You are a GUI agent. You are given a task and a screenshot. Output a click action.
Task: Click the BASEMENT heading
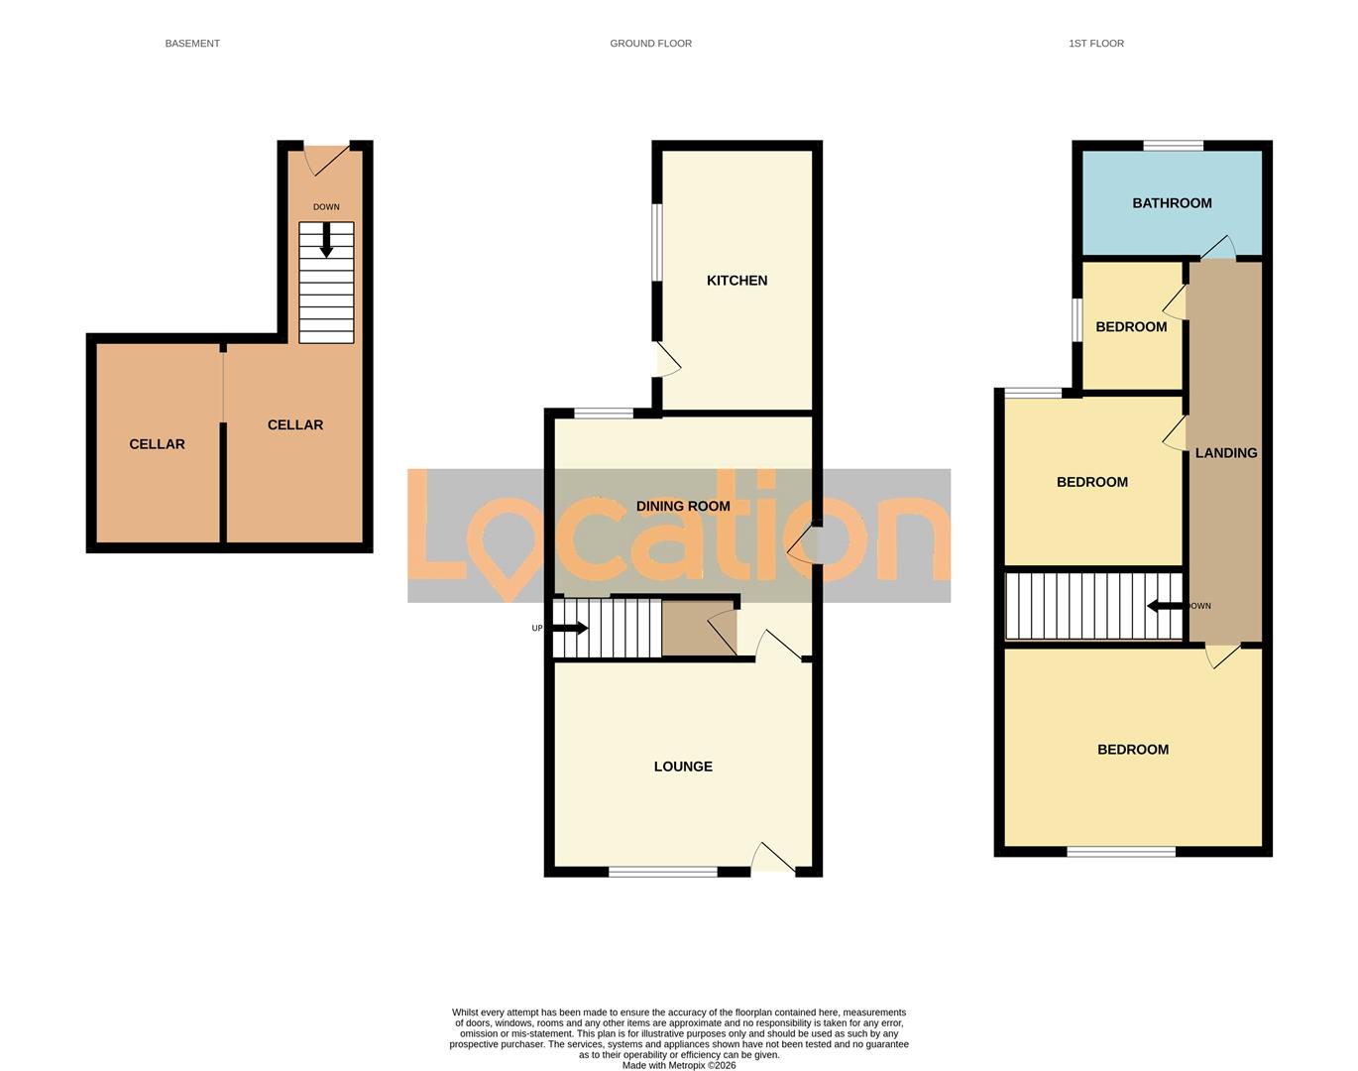pos(192,44)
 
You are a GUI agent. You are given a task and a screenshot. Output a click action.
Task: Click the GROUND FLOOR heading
pos(650,44)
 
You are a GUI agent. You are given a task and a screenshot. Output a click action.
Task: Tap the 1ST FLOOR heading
pos(1095,44)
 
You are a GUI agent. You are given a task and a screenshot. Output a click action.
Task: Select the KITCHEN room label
pos(736,281)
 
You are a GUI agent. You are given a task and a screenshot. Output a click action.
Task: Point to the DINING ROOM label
pos(683,506)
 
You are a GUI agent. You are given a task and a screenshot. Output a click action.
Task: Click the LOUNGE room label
pos(683,767)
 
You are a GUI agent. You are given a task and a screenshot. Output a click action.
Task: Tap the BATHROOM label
pos(1172,203)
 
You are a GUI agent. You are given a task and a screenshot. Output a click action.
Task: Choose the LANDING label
pos(1226,453)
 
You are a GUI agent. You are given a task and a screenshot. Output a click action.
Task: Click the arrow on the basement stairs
pos(326,240)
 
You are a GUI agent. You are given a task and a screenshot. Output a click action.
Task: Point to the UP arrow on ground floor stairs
pos(570,628)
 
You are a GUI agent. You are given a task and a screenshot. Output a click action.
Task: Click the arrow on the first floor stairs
pos(1164,606)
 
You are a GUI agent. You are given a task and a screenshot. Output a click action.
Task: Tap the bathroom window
pos(1174,146)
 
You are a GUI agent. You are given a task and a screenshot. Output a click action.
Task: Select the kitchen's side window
pos(656,242)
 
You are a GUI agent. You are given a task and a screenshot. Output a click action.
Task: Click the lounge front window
pos(662,872)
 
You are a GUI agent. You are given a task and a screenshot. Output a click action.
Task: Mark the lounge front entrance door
pos(774,860)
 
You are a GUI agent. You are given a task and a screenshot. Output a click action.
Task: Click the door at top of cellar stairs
pos(326,157)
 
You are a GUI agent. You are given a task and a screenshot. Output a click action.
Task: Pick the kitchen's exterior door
pos(665,359)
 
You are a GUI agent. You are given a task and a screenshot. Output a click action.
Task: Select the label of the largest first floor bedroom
pos(1133,750)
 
